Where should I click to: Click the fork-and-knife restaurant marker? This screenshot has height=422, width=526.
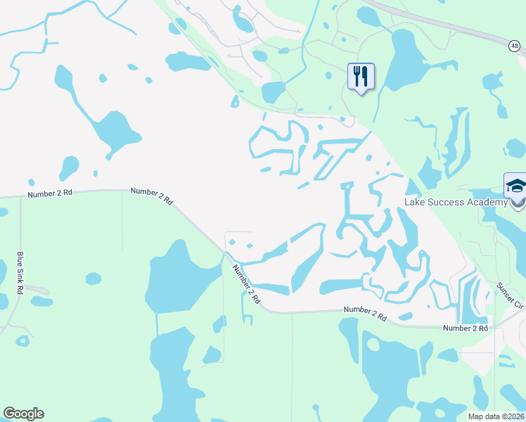pyautogui.click(x=361, y=77)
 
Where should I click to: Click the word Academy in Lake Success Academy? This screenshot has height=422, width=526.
pyautogui.click(x=486, y=203)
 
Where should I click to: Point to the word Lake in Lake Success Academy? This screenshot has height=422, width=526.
pyautogui.click(x=414, y=203)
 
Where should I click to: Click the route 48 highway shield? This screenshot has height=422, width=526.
pyautogui.click(x=515, y=46)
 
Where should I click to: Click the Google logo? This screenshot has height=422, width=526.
pyautogui.click(x=23, y=414)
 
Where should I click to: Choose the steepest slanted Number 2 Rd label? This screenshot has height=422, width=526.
pyautogui.click(x=246, y=283)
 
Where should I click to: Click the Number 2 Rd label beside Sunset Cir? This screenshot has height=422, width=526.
pyautogui.click(x=465, y=328)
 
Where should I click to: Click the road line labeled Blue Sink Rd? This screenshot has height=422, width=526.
pyautogui.click(x=20, y=239)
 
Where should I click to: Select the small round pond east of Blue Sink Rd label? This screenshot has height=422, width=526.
pyautogui.click(x=42, y=301)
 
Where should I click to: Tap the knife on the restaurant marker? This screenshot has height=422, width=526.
pyautogui.click(x=365, y=75)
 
